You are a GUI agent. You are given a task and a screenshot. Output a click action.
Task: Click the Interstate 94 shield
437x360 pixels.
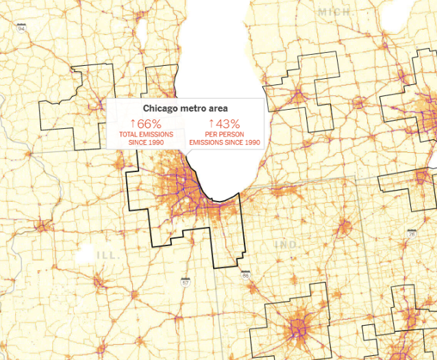click(22, 28)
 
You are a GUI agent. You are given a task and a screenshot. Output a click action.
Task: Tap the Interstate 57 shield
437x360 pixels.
click(186, 281)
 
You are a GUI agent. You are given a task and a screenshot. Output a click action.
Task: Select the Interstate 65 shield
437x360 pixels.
click(245, 274)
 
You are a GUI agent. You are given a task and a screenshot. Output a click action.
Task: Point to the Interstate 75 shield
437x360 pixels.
click(411, 234)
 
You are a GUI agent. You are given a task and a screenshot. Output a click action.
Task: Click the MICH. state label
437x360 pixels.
click(334, 12)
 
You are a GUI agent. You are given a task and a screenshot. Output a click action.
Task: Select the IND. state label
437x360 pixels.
click(286, 245)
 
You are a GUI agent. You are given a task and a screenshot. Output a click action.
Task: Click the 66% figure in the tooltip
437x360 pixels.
click(149, 123)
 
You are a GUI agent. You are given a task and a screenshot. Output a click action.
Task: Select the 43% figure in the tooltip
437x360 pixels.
click(228, 123)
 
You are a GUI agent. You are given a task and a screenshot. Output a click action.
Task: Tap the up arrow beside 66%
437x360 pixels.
click(133, 123)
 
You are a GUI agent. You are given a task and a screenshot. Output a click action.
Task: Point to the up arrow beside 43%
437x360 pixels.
click(212, 123)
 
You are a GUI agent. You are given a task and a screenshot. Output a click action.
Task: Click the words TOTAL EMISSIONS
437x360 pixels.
click(147, 134)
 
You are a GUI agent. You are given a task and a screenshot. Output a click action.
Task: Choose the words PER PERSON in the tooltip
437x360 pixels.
click(225, 134)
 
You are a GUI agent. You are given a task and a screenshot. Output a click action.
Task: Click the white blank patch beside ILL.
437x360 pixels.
click(85, 254)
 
